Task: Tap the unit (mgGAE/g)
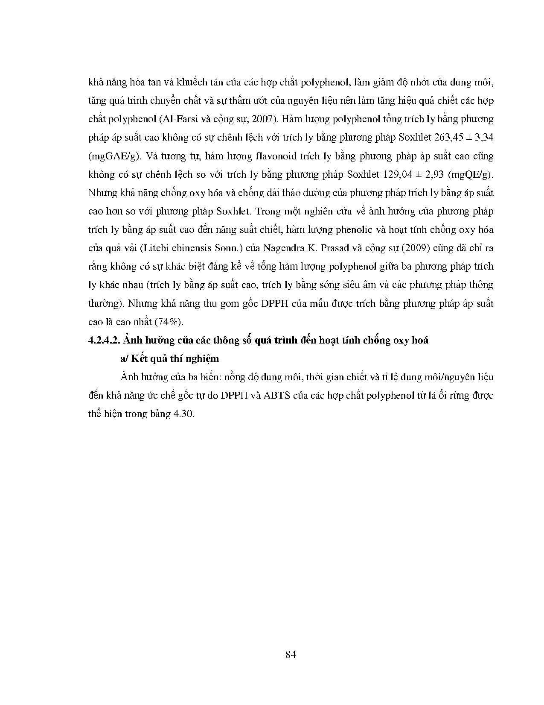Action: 113,156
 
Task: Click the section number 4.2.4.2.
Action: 105,341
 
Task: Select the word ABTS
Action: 277,396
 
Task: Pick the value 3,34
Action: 484,138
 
